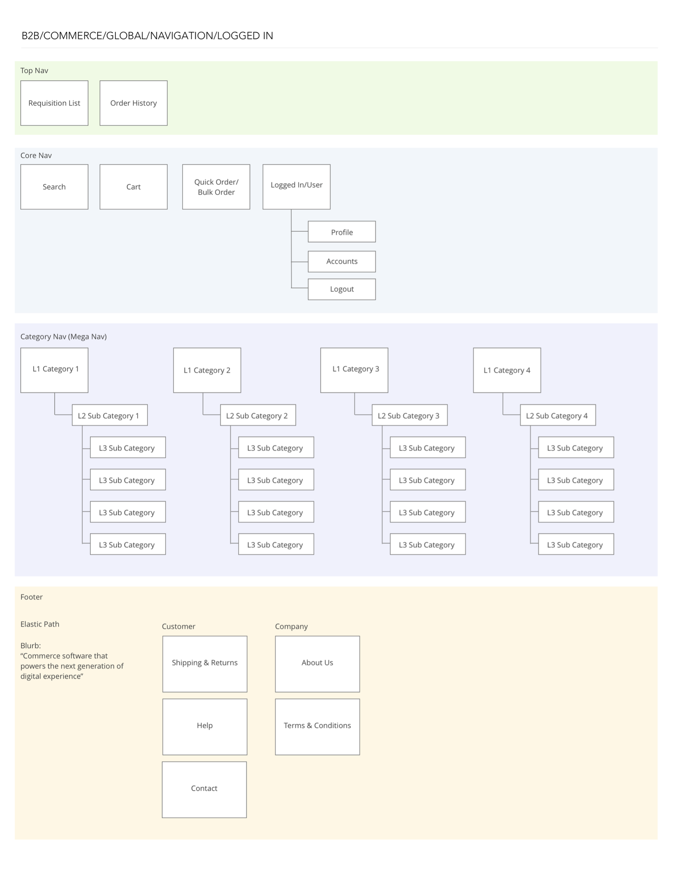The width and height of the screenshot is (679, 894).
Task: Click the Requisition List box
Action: click(x=54, y=103)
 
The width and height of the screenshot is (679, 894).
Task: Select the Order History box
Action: click(x=133, y=103)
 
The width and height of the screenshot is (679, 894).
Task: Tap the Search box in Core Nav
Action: click(x=54, y=187)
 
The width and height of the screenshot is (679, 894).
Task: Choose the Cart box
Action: click(x=133, y=187)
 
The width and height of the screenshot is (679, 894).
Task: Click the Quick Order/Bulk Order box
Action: click(x=216, y=187)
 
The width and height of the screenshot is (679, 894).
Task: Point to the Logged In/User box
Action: click(x=296, y=187)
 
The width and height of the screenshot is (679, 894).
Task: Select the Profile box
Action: click(x=342, y=232)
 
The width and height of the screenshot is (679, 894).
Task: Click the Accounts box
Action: click(x=342, y=261)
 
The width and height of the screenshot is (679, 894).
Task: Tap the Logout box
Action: click(x=342, y=289)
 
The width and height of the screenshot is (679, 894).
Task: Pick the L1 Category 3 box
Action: click(x=354, y=370)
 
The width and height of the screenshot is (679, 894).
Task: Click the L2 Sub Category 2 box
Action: click(x=258, y=415)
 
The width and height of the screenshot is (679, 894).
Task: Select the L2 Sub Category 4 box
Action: click(x=558, y=415)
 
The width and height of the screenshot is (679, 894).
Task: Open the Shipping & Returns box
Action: click(x=205, y=663)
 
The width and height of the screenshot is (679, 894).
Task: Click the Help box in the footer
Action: click(x=205, y=726)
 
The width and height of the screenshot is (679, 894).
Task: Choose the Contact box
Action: click(x=204, y=789)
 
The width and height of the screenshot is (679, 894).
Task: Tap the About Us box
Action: click(x=317, y=663)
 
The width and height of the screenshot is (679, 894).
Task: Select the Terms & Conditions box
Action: click(x=317, y=726)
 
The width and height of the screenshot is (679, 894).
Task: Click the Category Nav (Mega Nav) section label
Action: click(x=63, y=336)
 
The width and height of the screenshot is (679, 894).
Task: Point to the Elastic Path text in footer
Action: click(x=40, y=624)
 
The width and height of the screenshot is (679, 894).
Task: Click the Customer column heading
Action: click(x=178, y=626)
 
